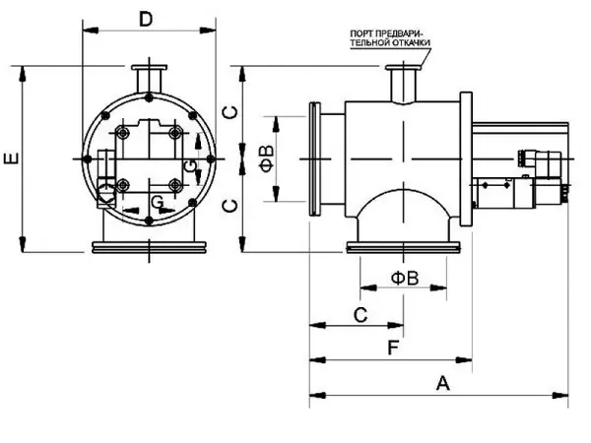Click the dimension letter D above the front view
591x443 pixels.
click(146, 19)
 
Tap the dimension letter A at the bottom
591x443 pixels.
click(443, 383)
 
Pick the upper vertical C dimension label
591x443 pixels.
click(229, 110)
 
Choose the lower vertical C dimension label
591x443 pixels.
click(229, 205)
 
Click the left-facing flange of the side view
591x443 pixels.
click(317, 158)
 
